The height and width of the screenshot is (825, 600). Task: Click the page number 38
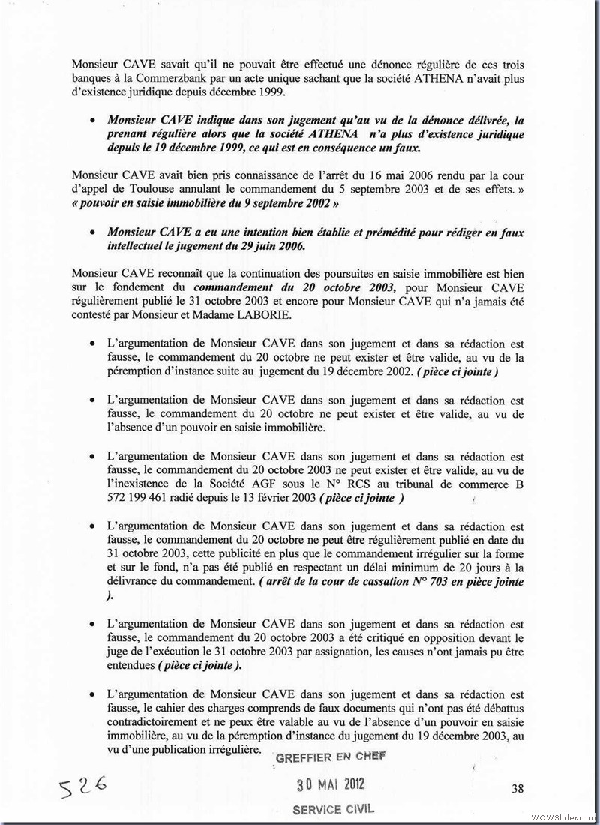point(517,787)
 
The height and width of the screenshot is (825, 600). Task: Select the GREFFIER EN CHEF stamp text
point(331,757)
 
